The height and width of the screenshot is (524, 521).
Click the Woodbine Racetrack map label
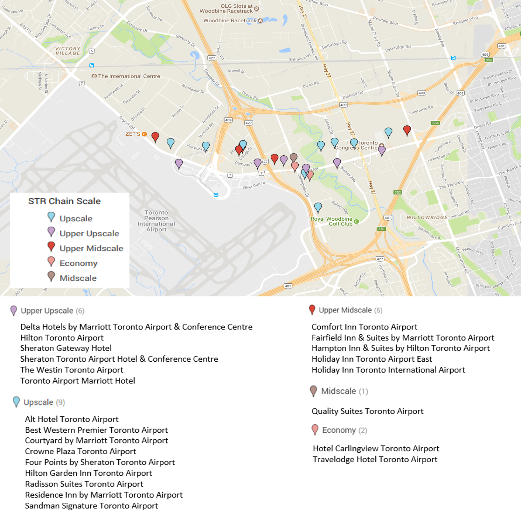click(230, 21)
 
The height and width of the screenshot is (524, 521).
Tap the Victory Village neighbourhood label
click(68, 51)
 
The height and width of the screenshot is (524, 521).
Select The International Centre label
click(129, 76)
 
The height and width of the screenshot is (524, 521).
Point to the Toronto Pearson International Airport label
click(156, 221)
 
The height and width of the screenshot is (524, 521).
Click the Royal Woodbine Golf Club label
click(331, 221)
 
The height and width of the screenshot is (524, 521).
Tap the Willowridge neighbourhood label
click(427, 217)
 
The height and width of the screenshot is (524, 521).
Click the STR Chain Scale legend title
click(64, 201)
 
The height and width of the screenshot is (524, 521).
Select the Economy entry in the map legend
click(78, 263)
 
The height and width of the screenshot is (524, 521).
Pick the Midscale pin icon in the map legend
click(51, 277)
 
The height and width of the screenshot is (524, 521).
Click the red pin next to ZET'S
click(155, 137)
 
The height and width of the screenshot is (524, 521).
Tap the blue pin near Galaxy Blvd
click(318, 208)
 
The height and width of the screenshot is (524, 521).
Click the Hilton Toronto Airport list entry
click(62, 338)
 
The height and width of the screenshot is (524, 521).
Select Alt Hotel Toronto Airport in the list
click(72, 419)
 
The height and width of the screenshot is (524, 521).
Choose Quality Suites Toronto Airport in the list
click(367, 411)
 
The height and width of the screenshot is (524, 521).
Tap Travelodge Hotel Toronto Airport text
click(375, 459)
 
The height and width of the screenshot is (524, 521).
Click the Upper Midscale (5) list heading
click(350, 310)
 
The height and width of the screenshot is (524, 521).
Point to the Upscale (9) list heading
click(44, 402)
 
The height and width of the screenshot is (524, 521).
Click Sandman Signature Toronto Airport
click(91, 506)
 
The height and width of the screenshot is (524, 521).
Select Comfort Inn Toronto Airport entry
click(364, 327)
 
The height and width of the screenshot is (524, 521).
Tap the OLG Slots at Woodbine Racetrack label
click(226, 9)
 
